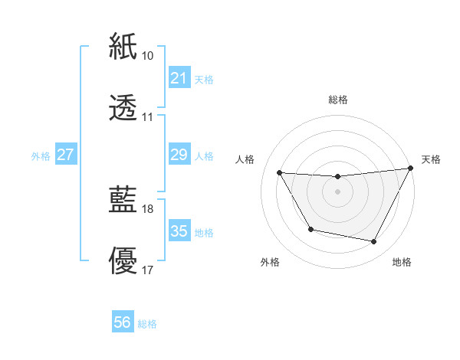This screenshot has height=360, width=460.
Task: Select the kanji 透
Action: click(x=123, y=108)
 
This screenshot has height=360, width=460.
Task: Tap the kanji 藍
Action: click(x=123, y=200)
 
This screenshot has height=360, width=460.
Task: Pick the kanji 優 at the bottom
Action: click(x=123, y=261)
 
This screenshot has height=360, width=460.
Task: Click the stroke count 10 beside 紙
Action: click(x=148, y=56)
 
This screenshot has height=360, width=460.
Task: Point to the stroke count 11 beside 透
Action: click(x=148, y=118)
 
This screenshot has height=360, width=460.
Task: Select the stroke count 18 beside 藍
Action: click(x=148, y=209)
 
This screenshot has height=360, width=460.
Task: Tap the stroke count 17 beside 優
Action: click(x=148, y=270)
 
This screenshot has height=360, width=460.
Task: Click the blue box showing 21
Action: click(x=179, y=78)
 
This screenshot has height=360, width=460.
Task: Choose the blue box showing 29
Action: click(x=179, y=155)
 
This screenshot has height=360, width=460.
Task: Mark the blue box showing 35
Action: click(x=179, y=231)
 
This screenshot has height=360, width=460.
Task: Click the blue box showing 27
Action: click(x=65, y=155)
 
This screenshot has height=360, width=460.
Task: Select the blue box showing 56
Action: click(x=122, y=323)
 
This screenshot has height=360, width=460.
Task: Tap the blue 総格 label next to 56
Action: click(x=147, y=324)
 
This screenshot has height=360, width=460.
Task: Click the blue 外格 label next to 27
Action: click(x=41, y=156)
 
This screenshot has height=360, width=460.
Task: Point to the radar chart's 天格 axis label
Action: click(x=431, y=159)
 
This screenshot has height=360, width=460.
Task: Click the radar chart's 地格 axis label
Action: click(x=402, y=263)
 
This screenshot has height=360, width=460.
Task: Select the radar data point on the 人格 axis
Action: click(x=279, y=172)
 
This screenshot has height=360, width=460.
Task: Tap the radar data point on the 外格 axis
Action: click(x=310, y=229)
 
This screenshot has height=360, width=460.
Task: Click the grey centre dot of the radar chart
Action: click(x=337, y=191)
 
